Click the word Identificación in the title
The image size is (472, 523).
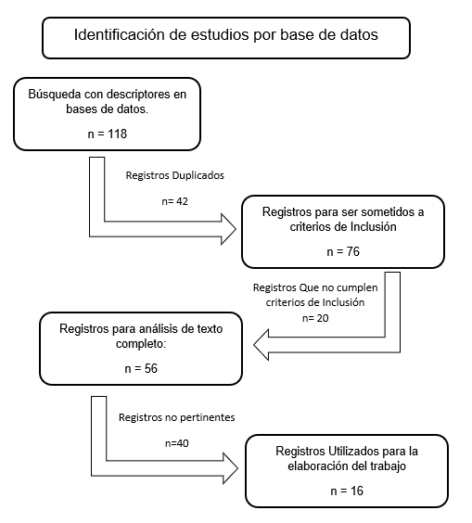pyautogui.click(x=120, y=34)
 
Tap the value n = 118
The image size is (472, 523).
pyautogui.click(x=108, y=134)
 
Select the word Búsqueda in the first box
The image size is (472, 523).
pyautogui.click(x=55, y=95)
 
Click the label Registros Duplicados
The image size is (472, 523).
pyautogui.click(x=174, y=175)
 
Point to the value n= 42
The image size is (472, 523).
pyautogui.click(x=174, y=201)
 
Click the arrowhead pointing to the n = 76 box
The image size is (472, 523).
pyautogui.click(x=228, y=229)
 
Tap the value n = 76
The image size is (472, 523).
pyautogui.click(x=343, y=251)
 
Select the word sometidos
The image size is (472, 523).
pyautogui.click(x=384, y=211)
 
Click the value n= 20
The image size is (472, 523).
pyautogui.click(x=315, y=318)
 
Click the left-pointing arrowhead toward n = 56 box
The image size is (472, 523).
pyautogui.click(x=262, y=345)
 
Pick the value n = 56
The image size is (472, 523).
pyautogui.click(x=141, y=368)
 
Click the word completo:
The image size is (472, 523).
pyautogui.click(x=141, y=344)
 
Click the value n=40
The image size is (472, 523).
pyautogui.click(x=177, y=443)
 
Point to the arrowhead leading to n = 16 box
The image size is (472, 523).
pyautogui.click(x=231, y=468)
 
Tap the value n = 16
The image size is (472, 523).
pyautogui.click(x=347, y=491)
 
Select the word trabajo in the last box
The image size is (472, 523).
pyautogui.click(x=388, y=466)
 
